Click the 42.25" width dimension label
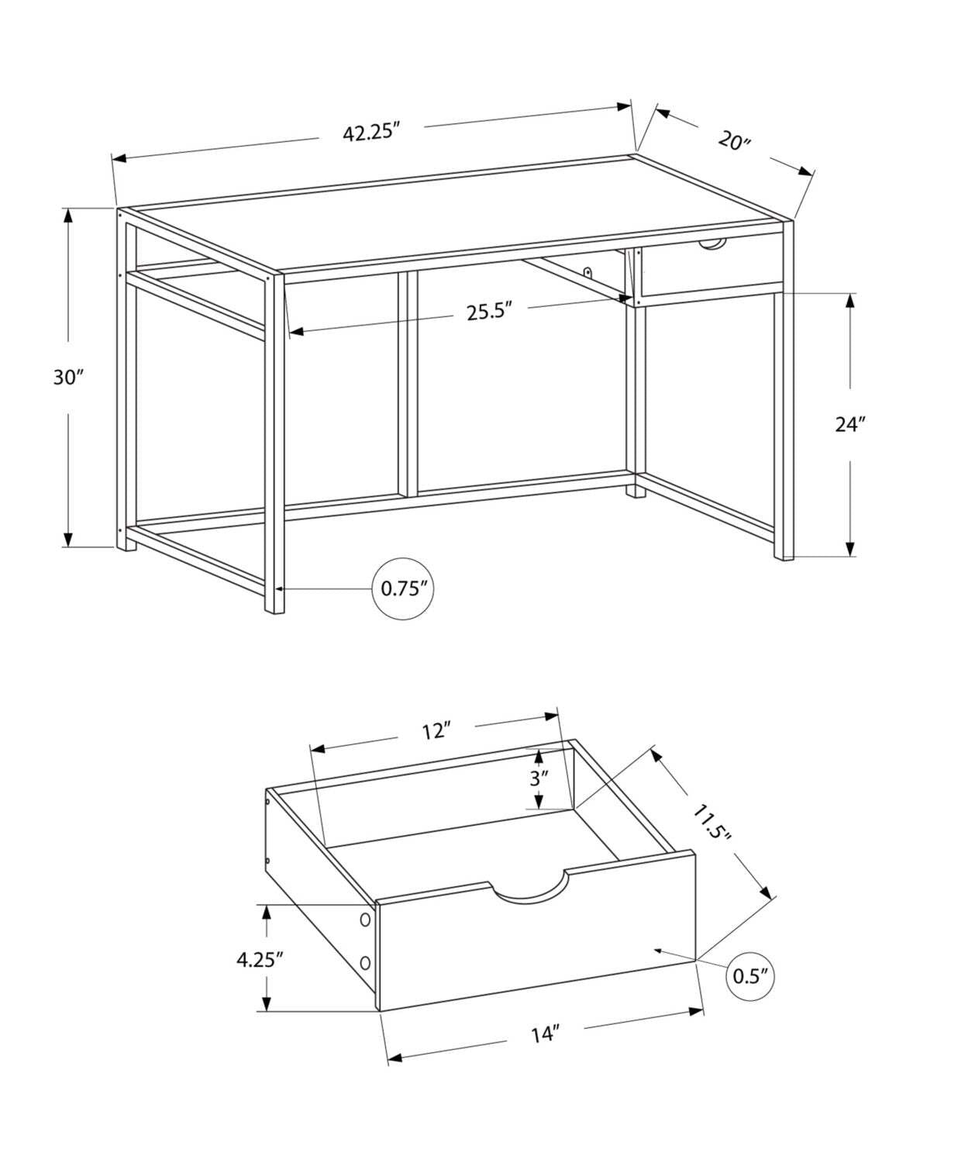tap(370, 132)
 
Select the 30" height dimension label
tap(67, 378)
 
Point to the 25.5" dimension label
tap(490, 312)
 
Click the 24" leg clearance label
tap(849, 424)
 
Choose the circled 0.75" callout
tap(404, 588)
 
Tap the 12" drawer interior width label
tap(436, 730)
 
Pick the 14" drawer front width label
tap(545, 1034)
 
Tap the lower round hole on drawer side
tap(364, 962)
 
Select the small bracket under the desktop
tap(588, 273)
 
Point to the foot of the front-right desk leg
tap(783, 552)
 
